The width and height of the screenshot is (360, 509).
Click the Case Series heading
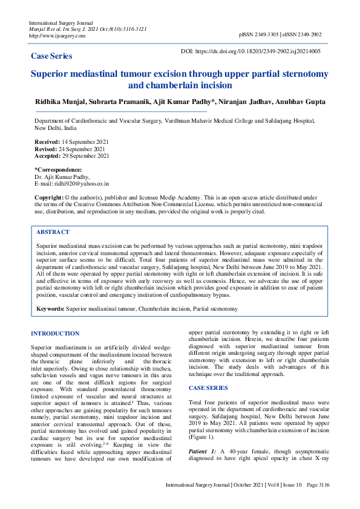click(x=51, y=56)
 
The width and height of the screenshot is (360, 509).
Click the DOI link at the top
click(x=259, y=52)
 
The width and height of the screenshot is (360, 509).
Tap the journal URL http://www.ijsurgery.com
click(x=57, y=36)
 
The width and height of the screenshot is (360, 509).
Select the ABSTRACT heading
click(x=53, y=232)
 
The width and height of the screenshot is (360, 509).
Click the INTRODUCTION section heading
click(x=55, y=333)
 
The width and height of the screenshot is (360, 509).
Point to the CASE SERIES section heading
click(x=209, y=387)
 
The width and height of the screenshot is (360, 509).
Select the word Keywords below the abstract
click(x=50, y=309)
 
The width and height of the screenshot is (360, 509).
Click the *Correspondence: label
click(x=58, y=170)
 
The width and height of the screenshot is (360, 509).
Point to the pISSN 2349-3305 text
click(x=262, y=36)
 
